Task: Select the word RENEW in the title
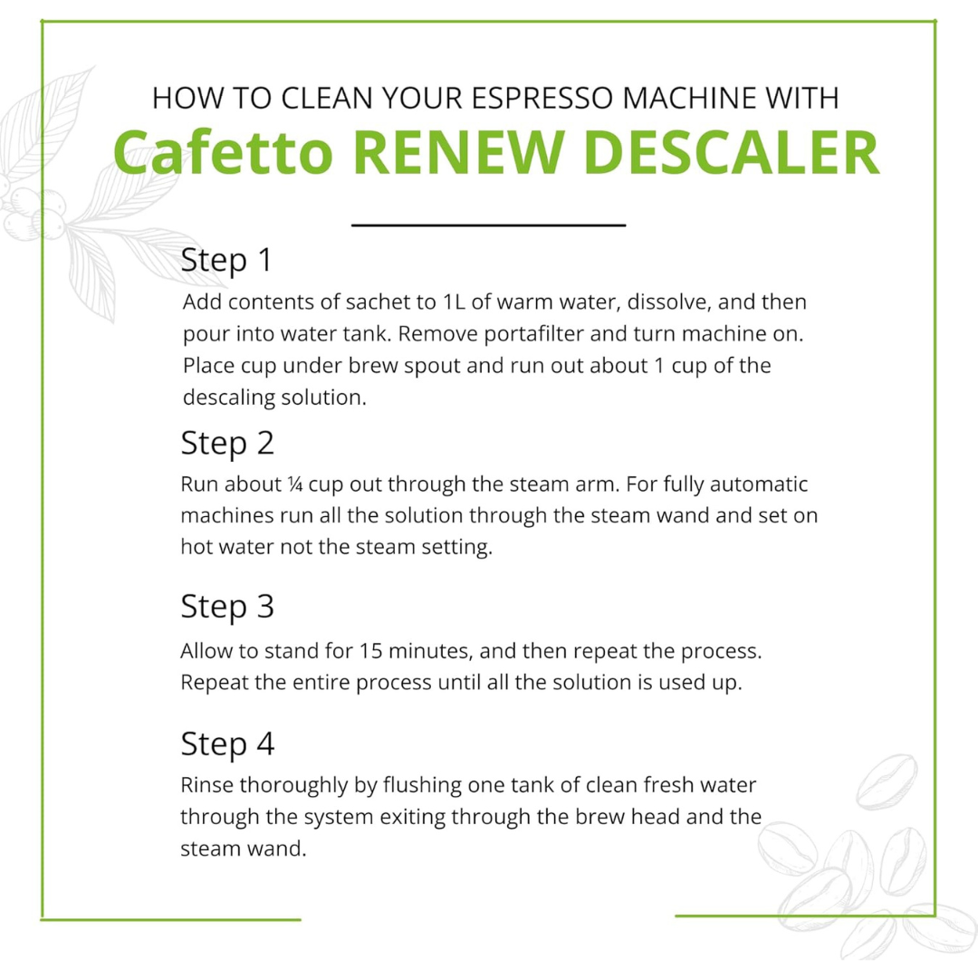(x=475, y=152)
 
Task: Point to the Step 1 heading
(x=226, y=260)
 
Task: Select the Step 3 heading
(x=227, y=606)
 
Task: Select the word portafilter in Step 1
(x=520, y=333)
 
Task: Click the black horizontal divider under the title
(x=488, y=224)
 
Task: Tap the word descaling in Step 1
(x=224, y=398)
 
